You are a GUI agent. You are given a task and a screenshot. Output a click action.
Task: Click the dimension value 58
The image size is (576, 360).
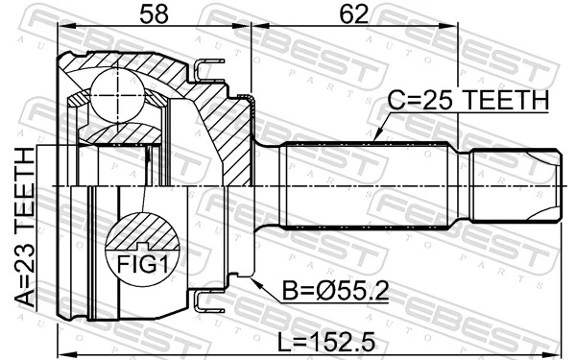click(154, 14)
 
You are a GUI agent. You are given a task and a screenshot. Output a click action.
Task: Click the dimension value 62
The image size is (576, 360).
click(353, 14)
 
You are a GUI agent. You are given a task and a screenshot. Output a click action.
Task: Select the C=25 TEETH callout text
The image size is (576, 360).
click(468, 100)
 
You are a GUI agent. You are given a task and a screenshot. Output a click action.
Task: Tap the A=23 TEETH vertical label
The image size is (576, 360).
click(26, 227)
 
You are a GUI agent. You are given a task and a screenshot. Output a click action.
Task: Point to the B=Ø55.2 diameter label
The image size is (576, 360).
click(335, 291)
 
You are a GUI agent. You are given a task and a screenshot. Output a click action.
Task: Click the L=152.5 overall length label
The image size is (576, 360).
click(326, 342)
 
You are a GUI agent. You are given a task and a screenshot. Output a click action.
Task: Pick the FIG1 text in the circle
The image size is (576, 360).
click(142, 265)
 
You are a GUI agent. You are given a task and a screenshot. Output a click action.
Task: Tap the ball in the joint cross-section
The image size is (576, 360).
click(117, 95)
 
